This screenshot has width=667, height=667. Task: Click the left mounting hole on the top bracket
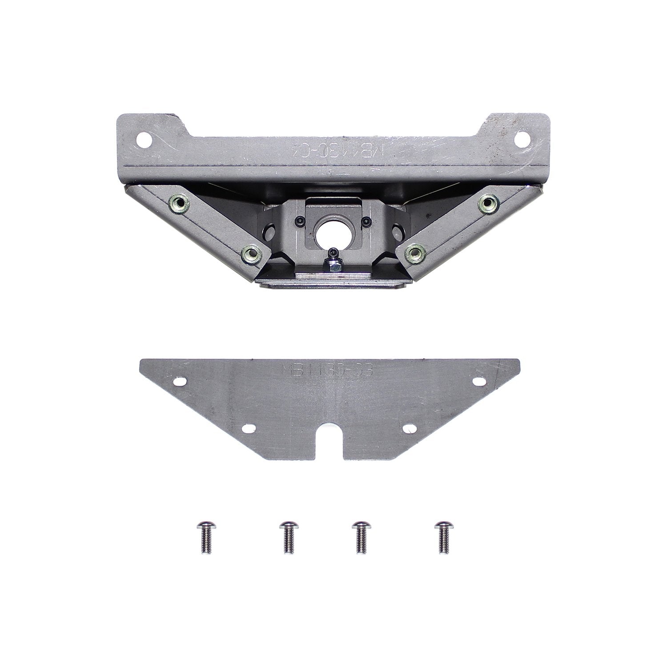[144, 140]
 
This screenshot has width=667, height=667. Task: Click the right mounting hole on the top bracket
[520, 139]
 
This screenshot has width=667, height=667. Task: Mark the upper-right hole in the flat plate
[479, 381]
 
